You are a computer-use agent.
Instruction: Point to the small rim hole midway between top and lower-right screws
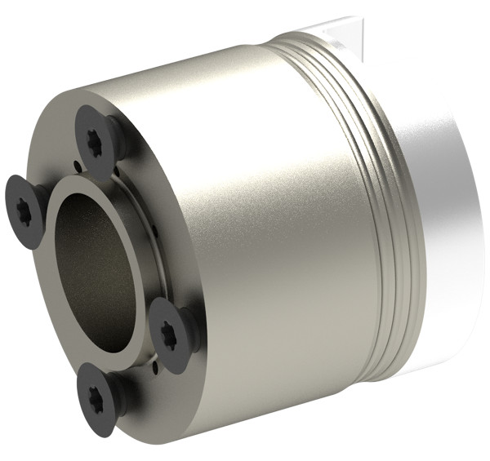tap(154, 237)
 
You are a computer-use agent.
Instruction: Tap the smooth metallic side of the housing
tap(269, 228)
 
